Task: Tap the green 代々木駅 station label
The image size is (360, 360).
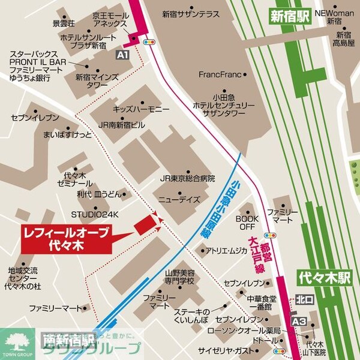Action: tap(324, 278)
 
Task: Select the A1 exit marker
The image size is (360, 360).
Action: tap(122, 55)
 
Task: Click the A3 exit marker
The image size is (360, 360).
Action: tap(299, 322)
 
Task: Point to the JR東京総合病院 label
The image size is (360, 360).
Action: tap(187, 179)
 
